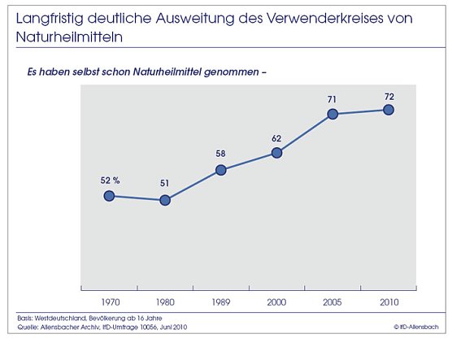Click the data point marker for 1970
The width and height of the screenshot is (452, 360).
tap(108, 196)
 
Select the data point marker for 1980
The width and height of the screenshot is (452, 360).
tap(165, 200)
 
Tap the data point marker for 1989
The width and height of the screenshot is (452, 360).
tap(220, 170)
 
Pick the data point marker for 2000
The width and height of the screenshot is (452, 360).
tap(276, 152)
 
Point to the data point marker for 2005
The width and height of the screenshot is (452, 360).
tap(332, 115)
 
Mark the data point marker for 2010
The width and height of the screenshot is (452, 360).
tap(388, 110)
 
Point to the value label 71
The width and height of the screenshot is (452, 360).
tap(332, 99)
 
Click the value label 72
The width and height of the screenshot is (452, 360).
tap(388, 95)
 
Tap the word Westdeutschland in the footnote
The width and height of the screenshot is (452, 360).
tap(67, 317)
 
